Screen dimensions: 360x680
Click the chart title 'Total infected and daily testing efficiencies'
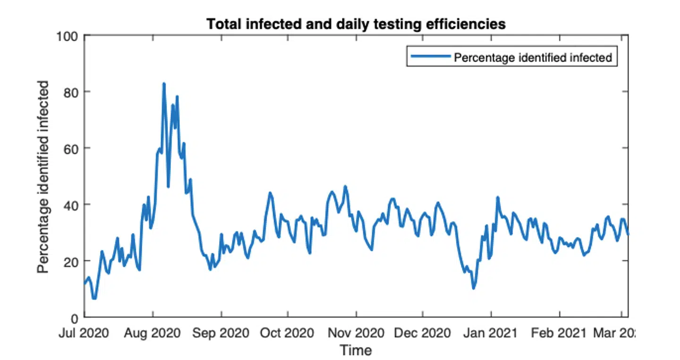point(356,24)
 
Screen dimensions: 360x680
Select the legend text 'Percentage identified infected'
point(533,58)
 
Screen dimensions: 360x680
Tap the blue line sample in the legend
point(431,57)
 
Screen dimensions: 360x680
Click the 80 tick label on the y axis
point(70,92)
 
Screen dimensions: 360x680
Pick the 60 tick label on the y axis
point(70,148)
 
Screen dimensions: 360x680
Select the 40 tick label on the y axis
point(70,205)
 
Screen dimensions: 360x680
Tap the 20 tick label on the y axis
point(70,261)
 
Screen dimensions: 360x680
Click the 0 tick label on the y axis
point(74,317)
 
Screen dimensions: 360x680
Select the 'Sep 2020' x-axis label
point(221,333)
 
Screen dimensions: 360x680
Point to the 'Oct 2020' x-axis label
point(287,333)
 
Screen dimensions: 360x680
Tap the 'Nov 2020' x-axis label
point(357,333)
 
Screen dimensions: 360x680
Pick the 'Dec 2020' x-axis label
point(423,333)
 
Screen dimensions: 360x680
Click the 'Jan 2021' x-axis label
point(491,333)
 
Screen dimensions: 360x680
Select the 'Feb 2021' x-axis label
point(560,333)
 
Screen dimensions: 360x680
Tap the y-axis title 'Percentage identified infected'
point(43,176)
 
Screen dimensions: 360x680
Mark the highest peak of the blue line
point(164,84)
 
